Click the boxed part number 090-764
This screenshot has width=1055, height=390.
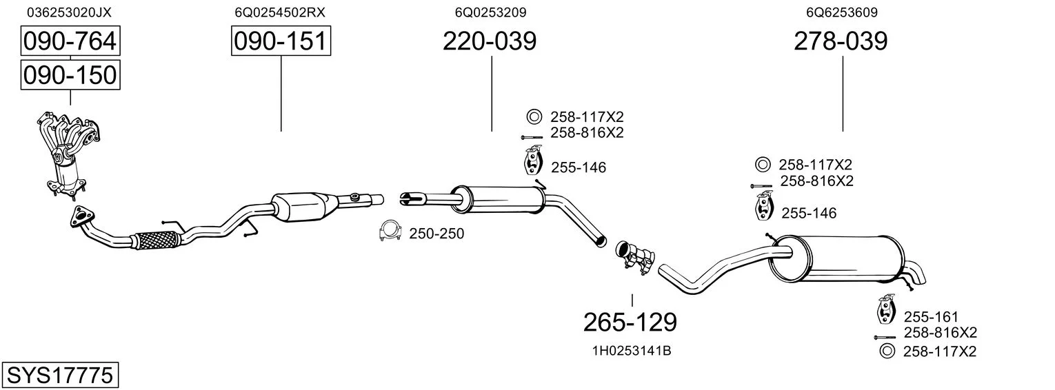(70, 41)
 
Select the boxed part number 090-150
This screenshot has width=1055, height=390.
(70, 75)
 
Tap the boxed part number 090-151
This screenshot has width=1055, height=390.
(281, 41)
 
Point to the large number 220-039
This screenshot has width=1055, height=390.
(490, 41)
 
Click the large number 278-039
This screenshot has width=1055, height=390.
(841, 41)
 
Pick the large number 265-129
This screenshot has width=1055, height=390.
(630, 322)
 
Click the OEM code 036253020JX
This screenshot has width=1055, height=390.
(69, 12)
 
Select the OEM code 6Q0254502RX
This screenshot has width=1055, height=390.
(280, 12)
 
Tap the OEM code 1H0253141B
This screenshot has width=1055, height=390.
(632, 351)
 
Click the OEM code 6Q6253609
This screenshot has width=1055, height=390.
(842, 12)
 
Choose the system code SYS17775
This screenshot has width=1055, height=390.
(60, 375)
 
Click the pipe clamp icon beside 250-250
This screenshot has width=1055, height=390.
(390, 231)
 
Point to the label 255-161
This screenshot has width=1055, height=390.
(931, 316)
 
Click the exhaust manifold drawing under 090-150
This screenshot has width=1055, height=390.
(68, 153)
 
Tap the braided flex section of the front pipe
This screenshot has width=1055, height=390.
(157, 240)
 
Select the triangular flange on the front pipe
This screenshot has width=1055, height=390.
(81, 218)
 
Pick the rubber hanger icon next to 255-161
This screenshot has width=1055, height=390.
(886, 309)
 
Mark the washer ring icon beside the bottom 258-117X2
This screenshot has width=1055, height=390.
(887, 351)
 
